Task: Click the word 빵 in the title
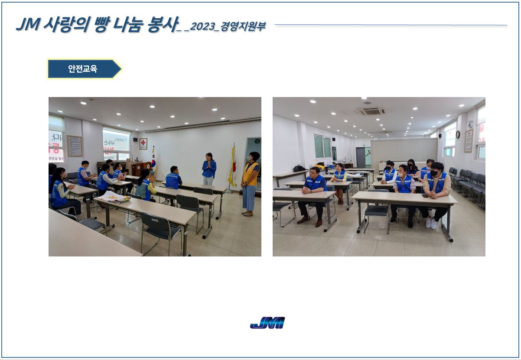[101, 24]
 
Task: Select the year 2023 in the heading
[202, 26]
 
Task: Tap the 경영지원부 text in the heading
[243, 26]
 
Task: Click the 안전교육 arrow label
[85, 69]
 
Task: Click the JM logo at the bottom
[267, 323]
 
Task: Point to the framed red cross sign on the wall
[143, 144]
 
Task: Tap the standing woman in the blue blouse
[209, 169]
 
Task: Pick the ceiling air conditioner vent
[371, 111]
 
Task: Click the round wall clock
[458, 134]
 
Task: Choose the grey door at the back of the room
[360, 157]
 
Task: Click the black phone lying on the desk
[425, 196]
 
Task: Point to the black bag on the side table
[299, 168]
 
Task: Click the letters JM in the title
[28, 24]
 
